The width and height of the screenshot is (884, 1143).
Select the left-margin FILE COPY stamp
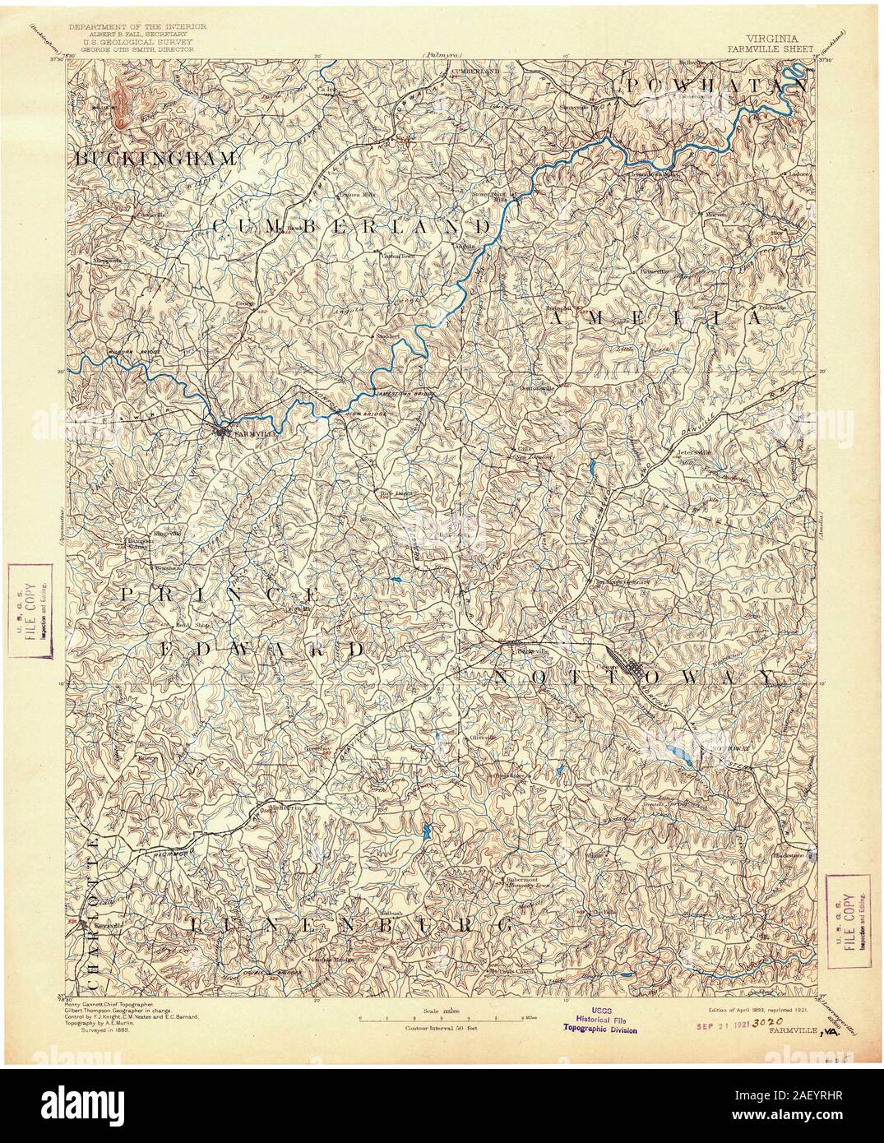[x=29, y=609]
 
